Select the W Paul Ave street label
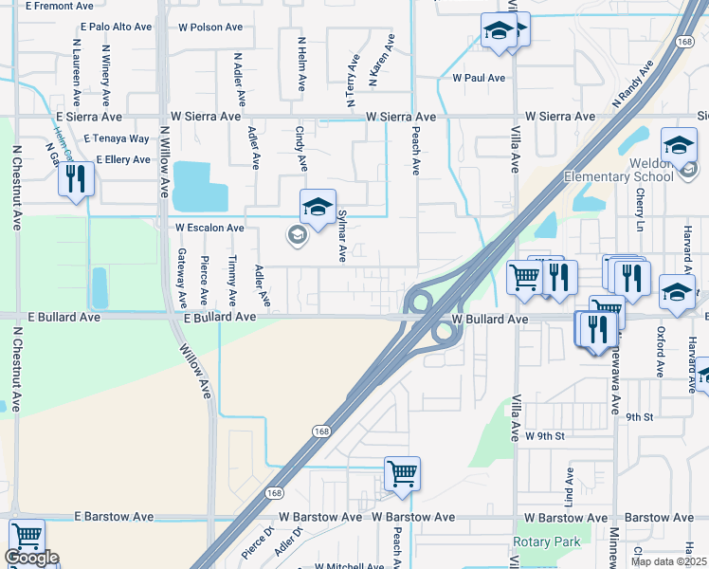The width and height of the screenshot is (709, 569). pos(479,78)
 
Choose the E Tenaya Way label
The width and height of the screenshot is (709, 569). pos(117,138)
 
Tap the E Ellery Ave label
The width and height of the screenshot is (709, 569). pos(117,159)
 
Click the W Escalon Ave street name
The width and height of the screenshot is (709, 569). pos(209,229)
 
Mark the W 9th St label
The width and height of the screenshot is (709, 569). pos(545,436)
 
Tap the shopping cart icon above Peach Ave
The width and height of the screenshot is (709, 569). pos(402,472)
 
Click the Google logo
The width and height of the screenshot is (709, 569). pos(31,558)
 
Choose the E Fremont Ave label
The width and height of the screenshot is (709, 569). pos(53,6)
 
